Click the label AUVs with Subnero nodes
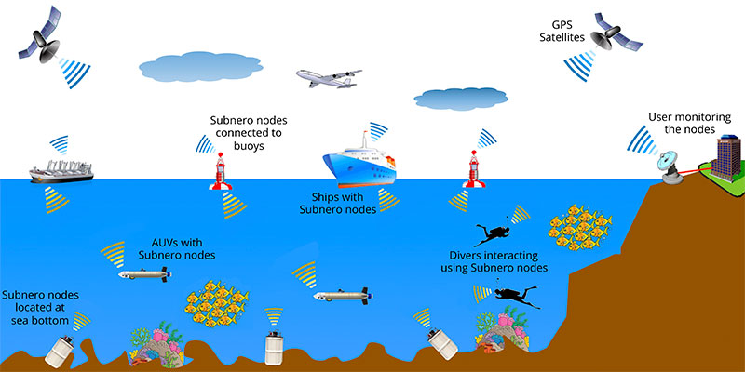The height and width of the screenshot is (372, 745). [x=177, y=247]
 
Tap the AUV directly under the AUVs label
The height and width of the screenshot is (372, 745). [x=144, y=274]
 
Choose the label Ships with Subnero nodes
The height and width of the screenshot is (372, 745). [x=345, y=204]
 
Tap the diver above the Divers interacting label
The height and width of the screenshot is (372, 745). [x=490, y=232]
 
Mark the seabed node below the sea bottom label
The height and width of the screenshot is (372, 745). [x=61, y=351]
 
